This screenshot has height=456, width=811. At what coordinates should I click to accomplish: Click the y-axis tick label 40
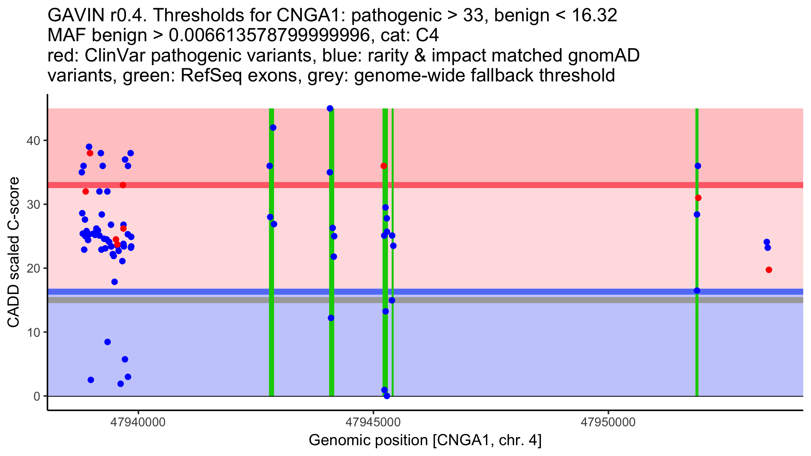point(33,141)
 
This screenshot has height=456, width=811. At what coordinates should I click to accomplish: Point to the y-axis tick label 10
point(33,332)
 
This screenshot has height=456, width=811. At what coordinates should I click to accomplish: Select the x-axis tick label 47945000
point(373,422)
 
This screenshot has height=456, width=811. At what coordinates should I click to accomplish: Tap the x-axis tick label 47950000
point(608,422)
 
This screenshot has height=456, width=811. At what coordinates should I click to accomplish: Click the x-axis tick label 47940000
point(138,422)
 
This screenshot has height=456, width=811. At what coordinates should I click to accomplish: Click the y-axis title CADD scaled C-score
point(14,252)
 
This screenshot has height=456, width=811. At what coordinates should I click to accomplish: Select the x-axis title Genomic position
point(425,440)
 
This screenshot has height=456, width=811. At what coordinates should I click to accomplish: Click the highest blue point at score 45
point(330,108)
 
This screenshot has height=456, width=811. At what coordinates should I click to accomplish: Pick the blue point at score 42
point(273,128)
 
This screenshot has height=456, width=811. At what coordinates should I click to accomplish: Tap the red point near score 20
point(769,270)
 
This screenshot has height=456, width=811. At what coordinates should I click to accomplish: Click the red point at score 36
point(384,166)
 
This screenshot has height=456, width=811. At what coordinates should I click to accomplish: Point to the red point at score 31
point(698,198)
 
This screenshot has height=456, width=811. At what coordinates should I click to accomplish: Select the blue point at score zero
point(387,396)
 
